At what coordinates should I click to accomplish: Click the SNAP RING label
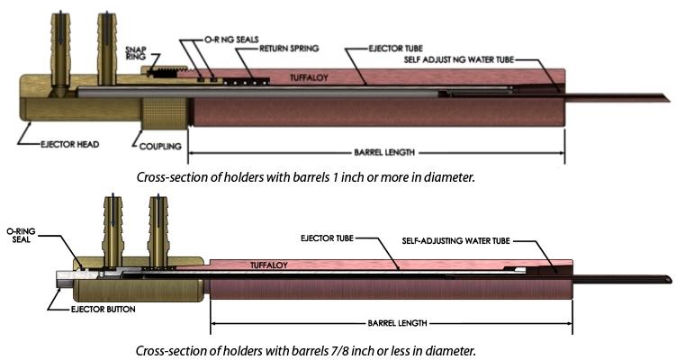click(x=135, y=52)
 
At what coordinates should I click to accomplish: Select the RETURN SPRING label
click(x=289, y=49)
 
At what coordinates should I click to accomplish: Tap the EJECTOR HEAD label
click(x=70, y=144)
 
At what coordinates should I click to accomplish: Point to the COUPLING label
click(x=160, y=147)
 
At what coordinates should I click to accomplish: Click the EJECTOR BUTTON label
click(x=103, y=309)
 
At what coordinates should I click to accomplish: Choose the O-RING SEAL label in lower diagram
click(x=21, y=235)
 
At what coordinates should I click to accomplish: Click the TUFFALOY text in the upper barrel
click(x=309, y=77)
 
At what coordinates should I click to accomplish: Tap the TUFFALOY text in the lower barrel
click(x=269, y=265)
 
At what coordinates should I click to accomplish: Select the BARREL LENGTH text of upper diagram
click(x=384, y=152)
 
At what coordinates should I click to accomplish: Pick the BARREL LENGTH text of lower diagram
click(x=397, y=323)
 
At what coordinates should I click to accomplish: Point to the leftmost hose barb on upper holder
click(x=60, y=49)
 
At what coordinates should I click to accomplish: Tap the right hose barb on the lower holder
click(x=158, y=231)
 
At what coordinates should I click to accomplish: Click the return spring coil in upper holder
click(x=247, y=81)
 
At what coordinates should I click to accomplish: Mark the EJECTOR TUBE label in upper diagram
click(x=395, y=49)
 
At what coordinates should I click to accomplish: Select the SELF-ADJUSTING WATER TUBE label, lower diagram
click(x=455, y=240)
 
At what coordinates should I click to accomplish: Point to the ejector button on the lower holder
click(x=66, y=279)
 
